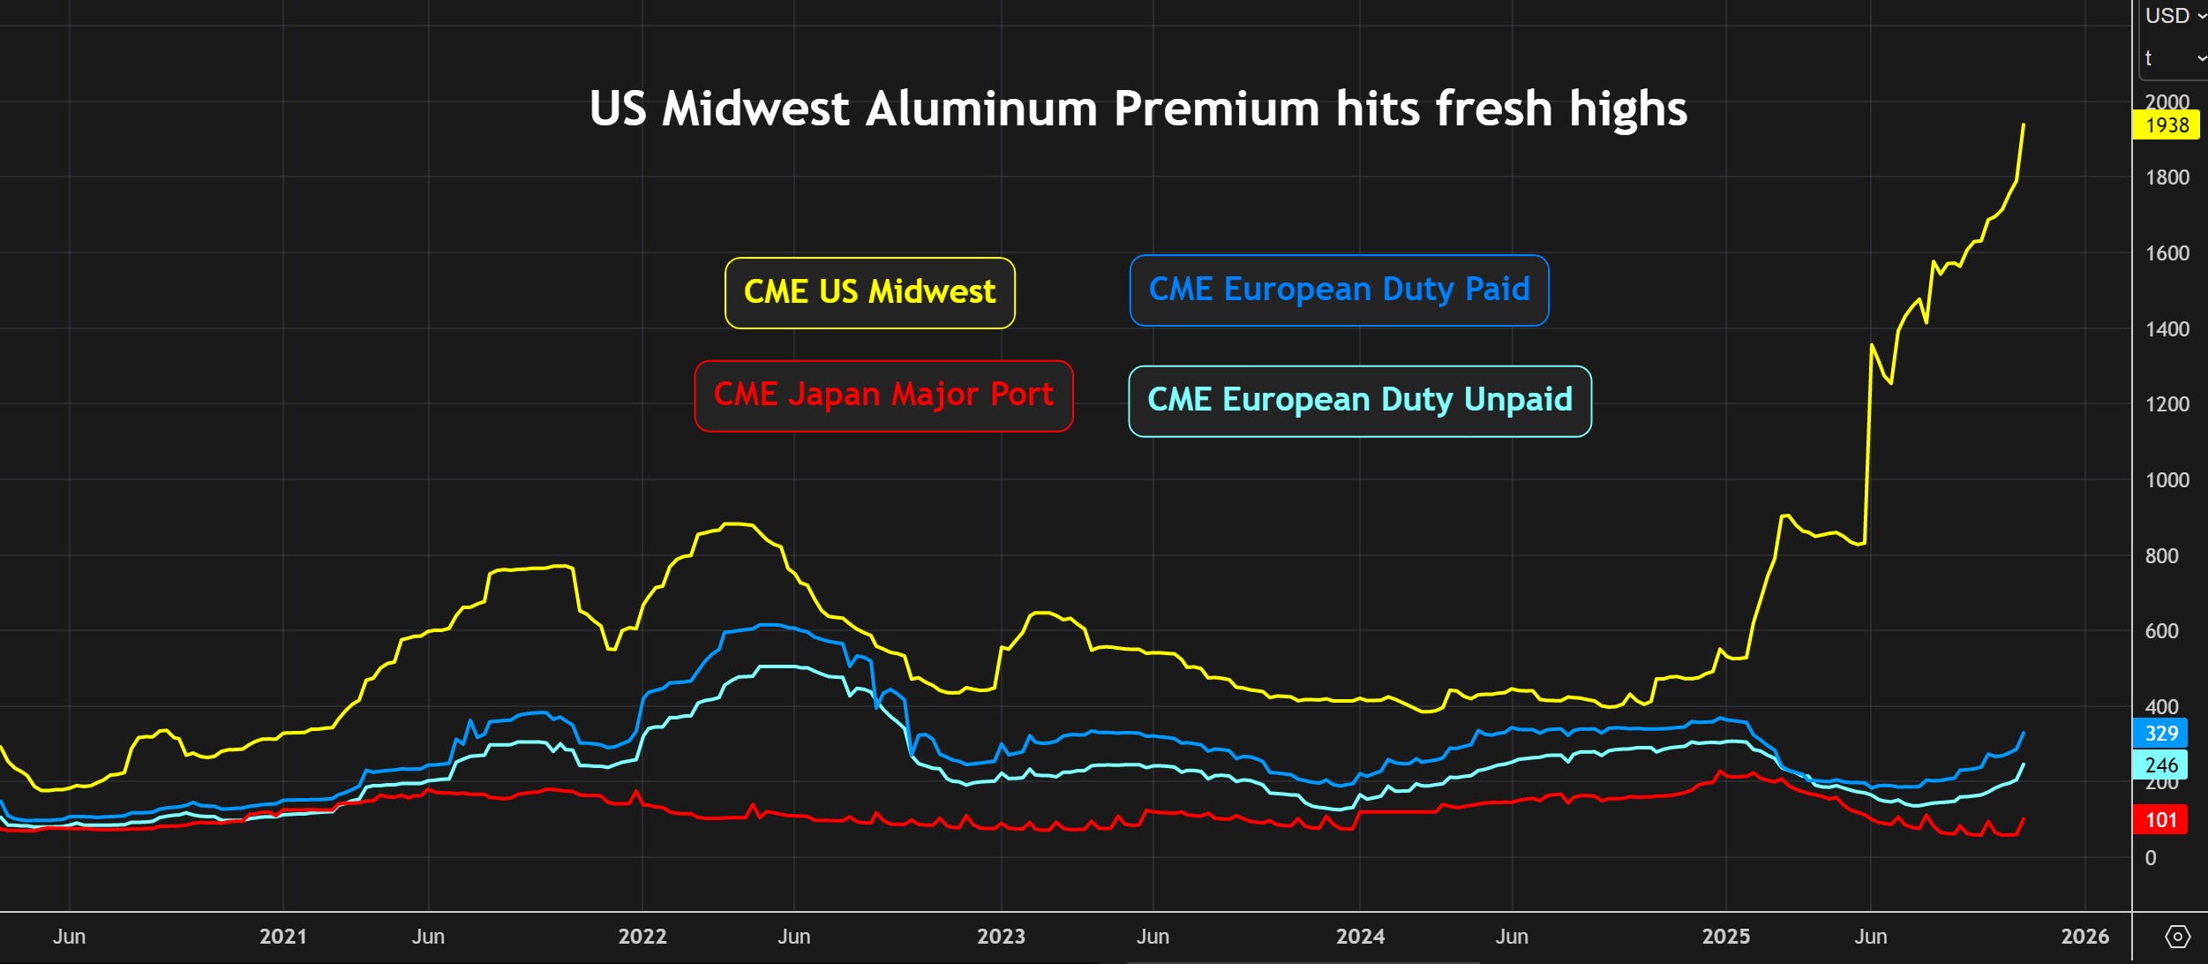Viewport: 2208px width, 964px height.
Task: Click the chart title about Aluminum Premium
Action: [1138, 109]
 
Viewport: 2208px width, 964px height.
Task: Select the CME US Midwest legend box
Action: [869, 292]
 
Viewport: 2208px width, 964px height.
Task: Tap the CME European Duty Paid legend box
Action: [1339, 290]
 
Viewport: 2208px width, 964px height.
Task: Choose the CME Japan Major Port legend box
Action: [883, 395]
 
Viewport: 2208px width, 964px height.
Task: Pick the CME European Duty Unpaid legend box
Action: [1359, 400]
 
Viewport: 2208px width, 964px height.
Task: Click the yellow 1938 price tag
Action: [2167, 125]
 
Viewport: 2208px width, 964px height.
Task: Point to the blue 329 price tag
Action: [2161, 733]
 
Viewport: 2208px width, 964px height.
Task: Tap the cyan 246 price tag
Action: [2161, 764]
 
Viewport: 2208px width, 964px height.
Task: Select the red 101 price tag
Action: [2161, 820]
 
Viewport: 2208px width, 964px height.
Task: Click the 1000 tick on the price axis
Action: [2167, 480]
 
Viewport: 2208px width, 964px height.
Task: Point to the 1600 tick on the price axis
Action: [2167, 253]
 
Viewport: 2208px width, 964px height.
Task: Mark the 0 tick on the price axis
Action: [2151, 858]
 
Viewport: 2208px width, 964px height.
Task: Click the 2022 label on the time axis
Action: [642, 937]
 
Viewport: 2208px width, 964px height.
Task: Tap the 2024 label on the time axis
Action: [1360, 937]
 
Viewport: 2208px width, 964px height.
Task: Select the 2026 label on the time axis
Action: [2084, 937]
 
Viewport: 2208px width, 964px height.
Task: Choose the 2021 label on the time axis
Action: [282, 937]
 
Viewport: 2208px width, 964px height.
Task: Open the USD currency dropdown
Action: [2174, 16]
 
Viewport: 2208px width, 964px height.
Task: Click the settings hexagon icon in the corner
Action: [2177, 937]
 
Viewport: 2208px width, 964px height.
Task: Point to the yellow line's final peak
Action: [2024, 125]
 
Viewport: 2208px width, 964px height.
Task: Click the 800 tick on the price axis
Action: [2161, 556]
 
